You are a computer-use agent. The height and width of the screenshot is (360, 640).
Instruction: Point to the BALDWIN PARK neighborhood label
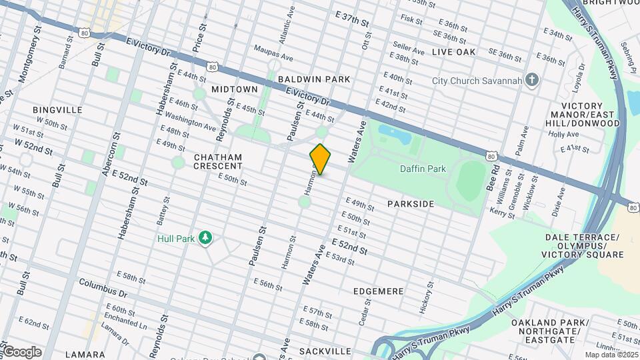pyautogui.click(x=314, y=79)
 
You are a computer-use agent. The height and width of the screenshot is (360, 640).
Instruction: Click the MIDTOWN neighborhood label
pyautogui.click(x=234, y=89)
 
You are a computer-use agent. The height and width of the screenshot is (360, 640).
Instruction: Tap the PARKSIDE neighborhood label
pyautogui.click(x=411, y=204)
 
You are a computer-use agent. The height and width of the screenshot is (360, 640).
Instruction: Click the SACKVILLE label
pyautogui.click(x=325, y=351)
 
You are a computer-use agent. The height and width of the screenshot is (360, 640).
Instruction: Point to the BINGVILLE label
pyautogui.click(x=57, y=109)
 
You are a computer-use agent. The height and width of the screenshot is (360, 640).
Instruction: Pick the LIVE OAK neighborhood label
pyautogui.click(x=453, y=51)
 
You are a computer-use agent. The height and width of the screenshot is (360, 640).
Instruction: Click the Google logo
pyautogui.click(x=21, y=352)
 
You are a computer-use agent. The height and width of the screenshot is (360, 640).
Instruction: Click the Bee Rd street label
pyautogui.click(x=493, y=181)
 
